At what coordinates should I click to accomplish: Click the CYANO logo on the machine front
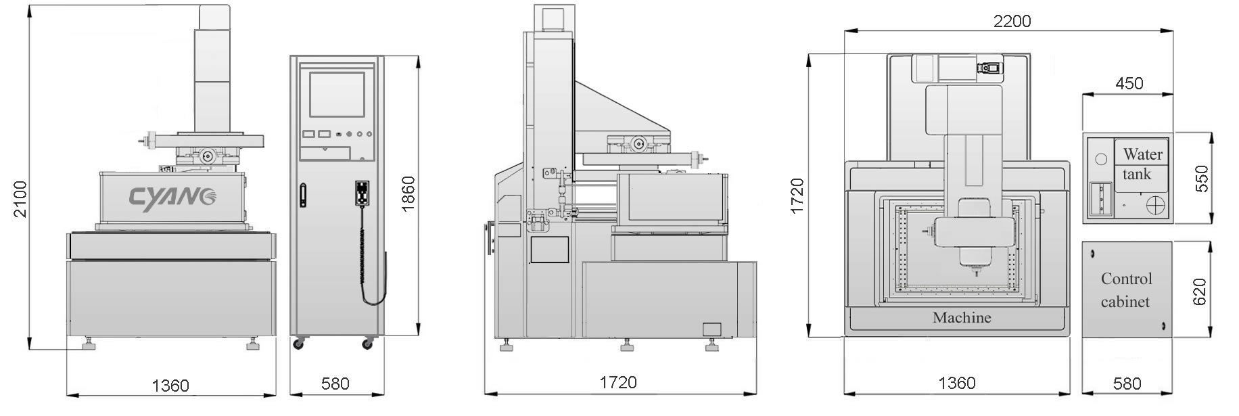tap(174, 198)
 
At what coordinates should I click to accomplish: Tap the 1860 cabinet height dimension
tap(408, 193)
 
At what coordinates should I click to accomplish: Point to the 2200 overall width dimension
tap(1012, 21)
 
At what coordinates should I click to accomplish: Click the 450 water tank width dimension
tap(1129, 83)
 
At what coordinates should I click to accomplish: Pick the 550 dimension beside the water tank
tap(1202, 179)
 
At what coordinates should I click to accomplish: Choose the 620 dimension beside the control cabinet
tap(1199, 292)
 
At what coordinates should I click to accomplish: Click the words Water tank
tap(1142, 164)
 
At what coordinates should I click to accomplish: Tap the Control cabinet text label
tap(1126, 290)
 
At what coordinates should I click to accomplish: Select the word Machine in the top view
tap(962, 317)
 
